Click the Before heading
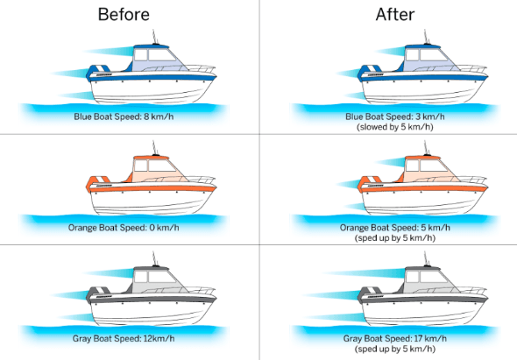124,15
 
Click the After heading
395,15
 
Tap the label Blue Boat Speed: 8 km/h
124,116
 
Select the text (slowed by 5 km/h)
395,127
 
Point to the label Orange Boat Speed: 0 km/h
124,228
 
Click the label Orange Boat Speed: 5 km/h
395,228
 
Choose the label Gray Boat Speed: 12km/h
124,339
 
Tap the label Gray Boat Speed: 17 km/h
395,339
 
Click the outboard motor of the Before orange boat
97,184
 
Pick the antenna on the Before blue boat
154,37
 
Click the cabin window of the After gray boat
433,276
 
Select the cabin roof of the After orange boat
422,158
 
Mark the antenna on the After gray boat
426,258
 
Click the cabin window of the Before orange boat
161,166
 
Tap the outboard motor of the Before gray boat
97,295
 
